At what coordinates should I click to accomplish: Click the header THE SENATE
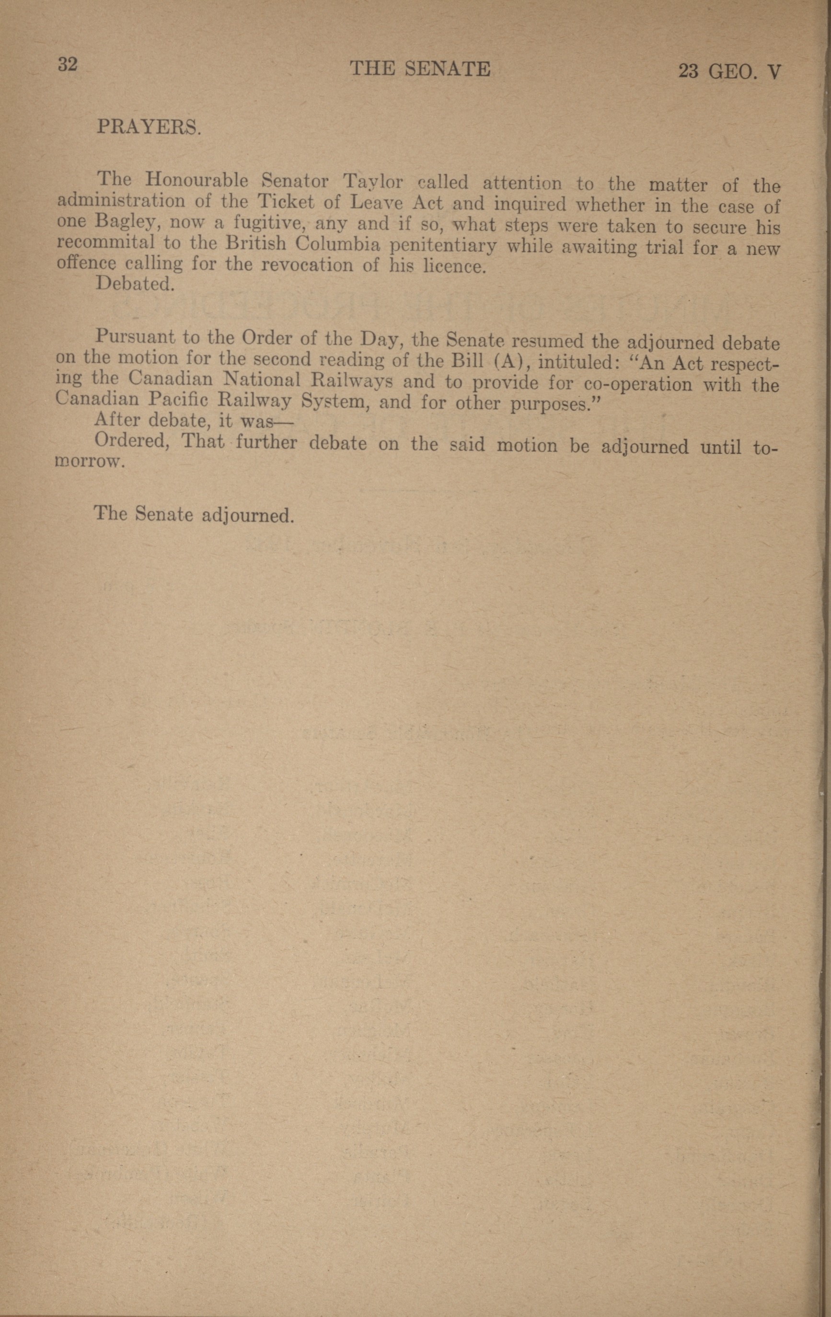coord(420,69)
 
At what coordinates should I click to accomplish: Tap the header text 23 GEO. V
coord(729,71)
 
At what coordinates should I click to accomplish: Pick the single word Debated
coord(135,284)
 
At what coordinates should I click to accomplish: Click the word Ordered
coord(130,441)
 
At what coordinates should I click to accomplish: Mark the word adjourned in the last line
coord(248,516)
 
